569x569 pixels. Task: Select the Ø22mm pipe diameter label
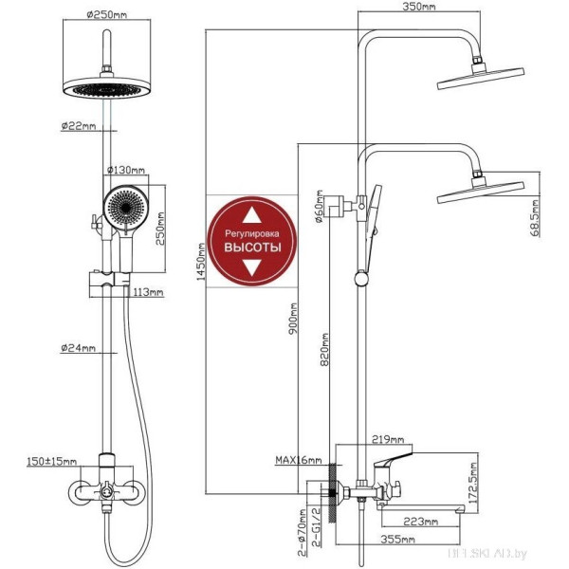pos(80,126)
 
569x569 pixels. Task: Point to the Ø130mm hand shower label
pos(126,170)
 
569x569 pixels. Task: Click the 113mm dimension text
pos(149,292)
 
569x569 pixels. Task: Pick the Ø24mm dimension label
pos(80,349)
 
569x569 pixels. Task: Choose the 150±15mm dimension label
pos(53,462)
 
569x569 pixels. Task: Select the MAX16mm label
pos(296,462)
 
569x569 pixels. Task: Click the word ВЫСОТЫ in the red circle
pos(252,247)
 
